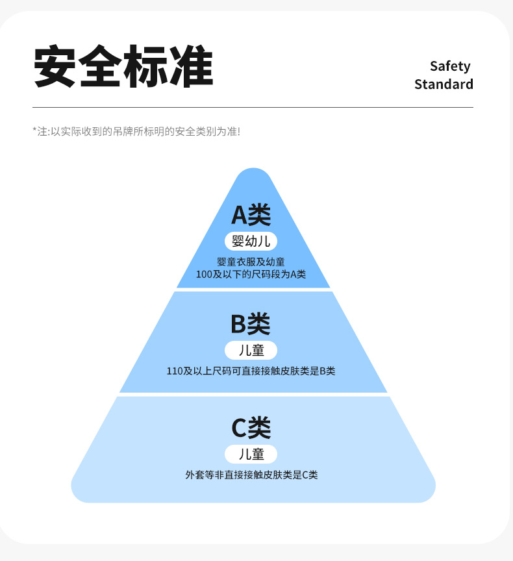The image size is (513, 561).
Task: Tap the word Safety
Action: click(450, 66)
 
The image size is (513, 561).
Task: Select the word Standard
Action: click(444, 84)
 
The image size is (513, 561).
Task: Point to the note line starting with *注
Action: click(136, 131)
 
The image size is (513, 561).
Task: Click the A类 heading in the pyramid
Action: click(251, 215)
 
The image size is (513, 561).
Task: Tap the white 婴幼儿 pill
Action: click(251, 242)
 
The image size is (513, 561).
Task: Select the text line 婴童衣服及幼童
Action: click(251, 262)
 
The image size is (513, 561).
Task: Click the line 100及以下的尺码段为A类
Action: click(251, 275)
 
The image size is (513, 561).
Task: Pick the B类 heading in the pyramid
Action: click(251, 324)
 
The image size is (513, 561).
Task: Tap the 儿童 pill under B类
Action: click(251, 351)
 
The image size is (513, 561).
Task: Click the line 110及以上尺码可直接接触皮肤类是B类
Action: click(251, 371)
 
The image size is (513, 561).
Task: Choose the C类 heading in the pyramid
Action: click(251, 427)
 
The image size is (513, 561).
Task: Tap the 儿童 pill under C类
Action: click(251, 454)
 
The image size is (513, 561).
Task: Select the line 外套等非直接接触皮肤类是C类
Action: click(251, 475)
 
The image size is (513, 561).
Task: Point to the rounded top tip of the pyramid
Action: click(253, 173)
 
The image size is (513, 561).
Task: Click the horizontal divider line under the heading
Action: click(253, 107)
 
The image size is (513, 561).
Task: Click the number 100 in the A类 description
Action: click(204, 275)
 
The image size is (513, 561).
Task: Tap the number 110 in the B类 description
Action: click(175, 371)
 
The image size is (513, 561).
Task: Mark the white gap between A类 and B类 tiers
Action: click(253, 290)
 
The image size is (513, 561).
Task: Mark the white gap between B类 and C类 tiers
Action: click(253, 394)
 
